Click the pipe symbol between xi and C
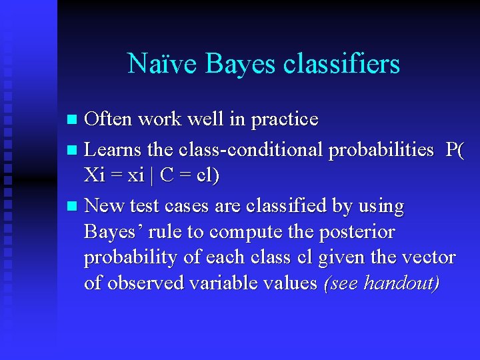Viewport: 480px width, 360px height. (x=153, y=176)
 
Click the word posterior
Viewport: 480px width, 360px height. (x=359, y=233)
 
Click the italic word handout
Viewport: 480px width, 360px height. (x=403, y=283)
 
